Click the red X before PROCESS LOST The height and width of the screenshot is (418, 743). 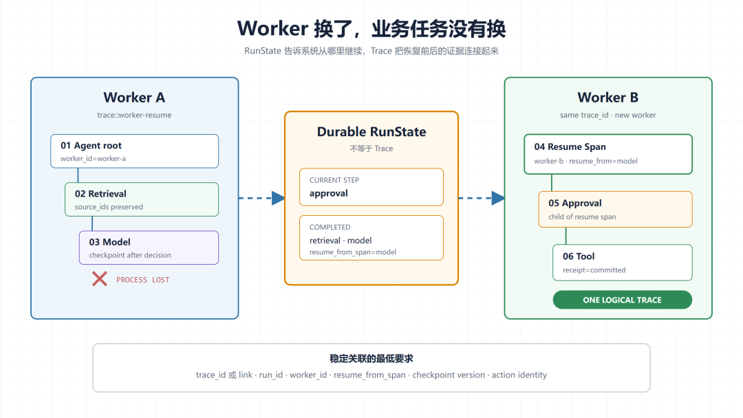pos(100,279)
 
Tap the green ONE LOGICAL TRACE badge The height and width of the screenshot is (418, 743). pos(622,300)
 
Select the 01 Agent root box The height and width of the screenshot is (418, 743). pos(135,151)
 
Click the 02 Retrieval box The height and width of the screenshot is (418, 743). pos(142,199)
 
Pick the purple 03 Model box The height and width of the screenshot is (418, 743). pos(149,247)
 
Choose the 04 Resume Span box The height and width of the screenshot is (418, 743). pos(608,154)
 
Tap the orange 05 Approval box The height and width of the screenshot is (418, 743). pos(615,209)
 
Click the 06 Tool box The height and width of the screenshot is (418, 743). pos(622,262)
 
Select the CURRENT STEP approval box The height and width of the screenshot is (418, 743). pos(371,187)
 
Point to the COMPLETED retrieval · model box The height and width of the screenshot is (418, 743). pos(371,238)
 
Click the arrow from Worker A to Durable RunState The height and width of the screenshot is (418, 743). pos(261,198)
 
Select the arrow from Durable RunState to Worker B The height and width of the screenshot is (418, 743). pos(482,198)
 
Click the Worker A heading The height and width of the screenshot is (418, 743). pos(135,98)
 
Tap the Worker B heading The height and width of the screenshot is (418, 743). pos(608,98)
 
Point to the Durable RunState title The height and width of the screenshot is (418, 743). pos(371,131)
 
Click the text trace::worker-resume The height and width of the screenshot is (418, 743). pos(134,115)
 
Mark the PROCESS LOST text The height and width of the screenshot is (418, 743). pos(142,280)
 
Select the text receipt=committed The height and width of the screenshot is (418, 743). pos(594,269)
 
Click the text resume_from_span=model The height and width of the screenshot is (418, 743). pos(353,252)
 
